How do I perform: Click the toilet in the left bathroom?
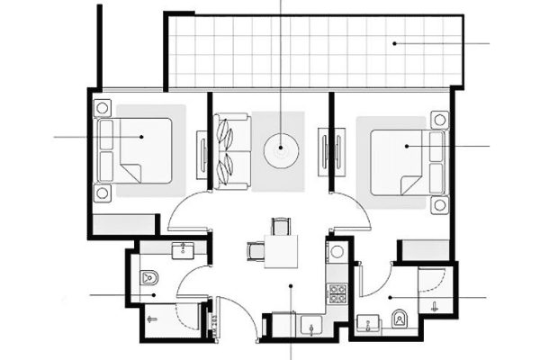coord(149,278)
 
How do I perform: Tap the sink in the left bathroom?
coord(185,248)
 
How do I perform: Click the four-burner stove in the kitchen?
coord(337,293)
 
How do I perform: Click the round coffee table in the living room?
coord(281,147)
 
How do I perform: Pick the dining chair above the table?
coord(281,226)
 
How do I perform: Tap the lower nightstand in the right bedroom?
coord(439,206)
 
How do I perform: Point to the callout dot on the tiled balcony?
coord(394,43)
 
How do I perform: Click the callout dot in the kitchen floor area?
coord(290,286)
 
